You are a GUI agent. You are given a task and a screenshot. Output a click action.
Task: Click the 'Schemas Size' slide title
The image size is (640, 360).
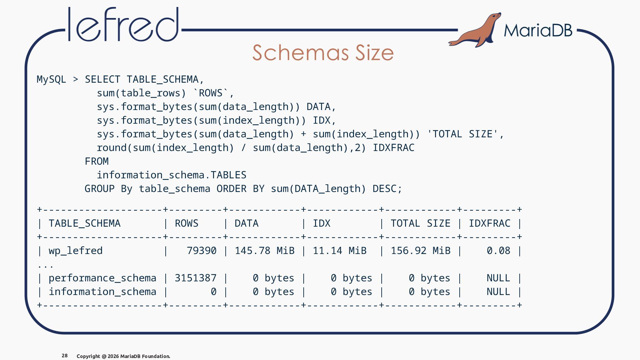click(323, 53)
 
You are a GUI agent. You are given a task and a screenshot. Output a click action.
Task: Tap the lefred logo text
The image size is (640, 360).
click(123, 24)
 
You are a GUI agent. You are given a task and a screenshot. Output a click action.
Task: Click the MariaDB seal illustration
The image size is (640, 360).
click(475, 30)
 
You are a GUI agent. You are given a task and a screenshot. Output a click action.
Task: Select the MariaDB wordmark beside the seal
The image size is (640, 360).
click(538, 30)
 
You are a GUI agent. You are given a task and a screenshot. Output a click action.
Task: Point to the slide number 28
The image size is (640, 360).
click(65, 356)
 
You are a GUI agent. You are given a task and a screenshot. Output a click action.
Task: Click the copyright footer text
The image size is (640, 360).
click(123, 356)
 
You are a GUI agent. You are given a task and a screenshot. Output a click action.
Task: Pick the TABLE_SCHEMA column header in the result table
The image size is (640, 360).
click(85, 223)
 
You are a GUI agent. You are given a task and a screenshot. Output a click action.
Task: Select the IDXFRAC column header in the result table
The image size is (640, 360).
click(490, 223)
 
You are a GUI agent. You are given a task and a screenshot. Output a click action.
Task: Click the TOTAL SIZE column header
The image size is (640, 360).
click(421, 223)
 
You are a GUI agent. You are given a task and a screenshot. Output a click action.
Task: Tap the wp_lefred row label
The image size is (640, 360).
click(76, 251)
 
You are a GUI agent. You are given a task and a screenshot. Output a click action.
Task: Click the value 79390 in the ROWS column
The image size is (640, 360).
click(202, 251)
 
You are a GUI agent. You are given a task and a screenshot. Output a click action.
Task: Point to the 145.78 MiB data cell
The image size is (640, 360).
click(265, 251)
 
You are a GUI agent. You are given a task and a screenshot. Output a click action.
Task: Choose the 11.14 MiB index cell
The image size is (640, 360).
click(340, 251)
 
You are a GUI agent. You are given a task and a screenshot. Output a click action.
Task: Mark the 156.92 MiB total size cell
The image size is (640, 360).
click(421, 251)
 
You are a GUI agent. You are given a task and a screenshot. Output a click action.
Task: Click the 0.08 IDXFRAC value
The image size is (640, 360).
click(499, 251)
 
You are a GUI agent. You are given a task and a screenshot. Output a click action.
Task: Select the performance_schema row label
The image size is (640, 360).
click(103, 278)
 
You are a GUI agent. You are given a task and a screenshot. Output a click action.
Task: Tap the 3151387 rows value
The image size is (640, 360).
click(196, 278)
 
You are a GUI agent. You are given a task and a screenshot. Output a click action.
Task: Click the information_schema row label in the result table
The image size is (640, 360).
click(103, 292)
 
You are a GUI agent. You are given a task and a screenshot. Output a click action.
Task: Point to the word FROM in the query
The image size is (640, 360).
click(97, 161)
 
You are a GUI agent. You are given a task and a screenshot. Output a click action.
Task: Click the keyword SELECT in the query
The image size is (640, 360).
click(103, 79)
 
